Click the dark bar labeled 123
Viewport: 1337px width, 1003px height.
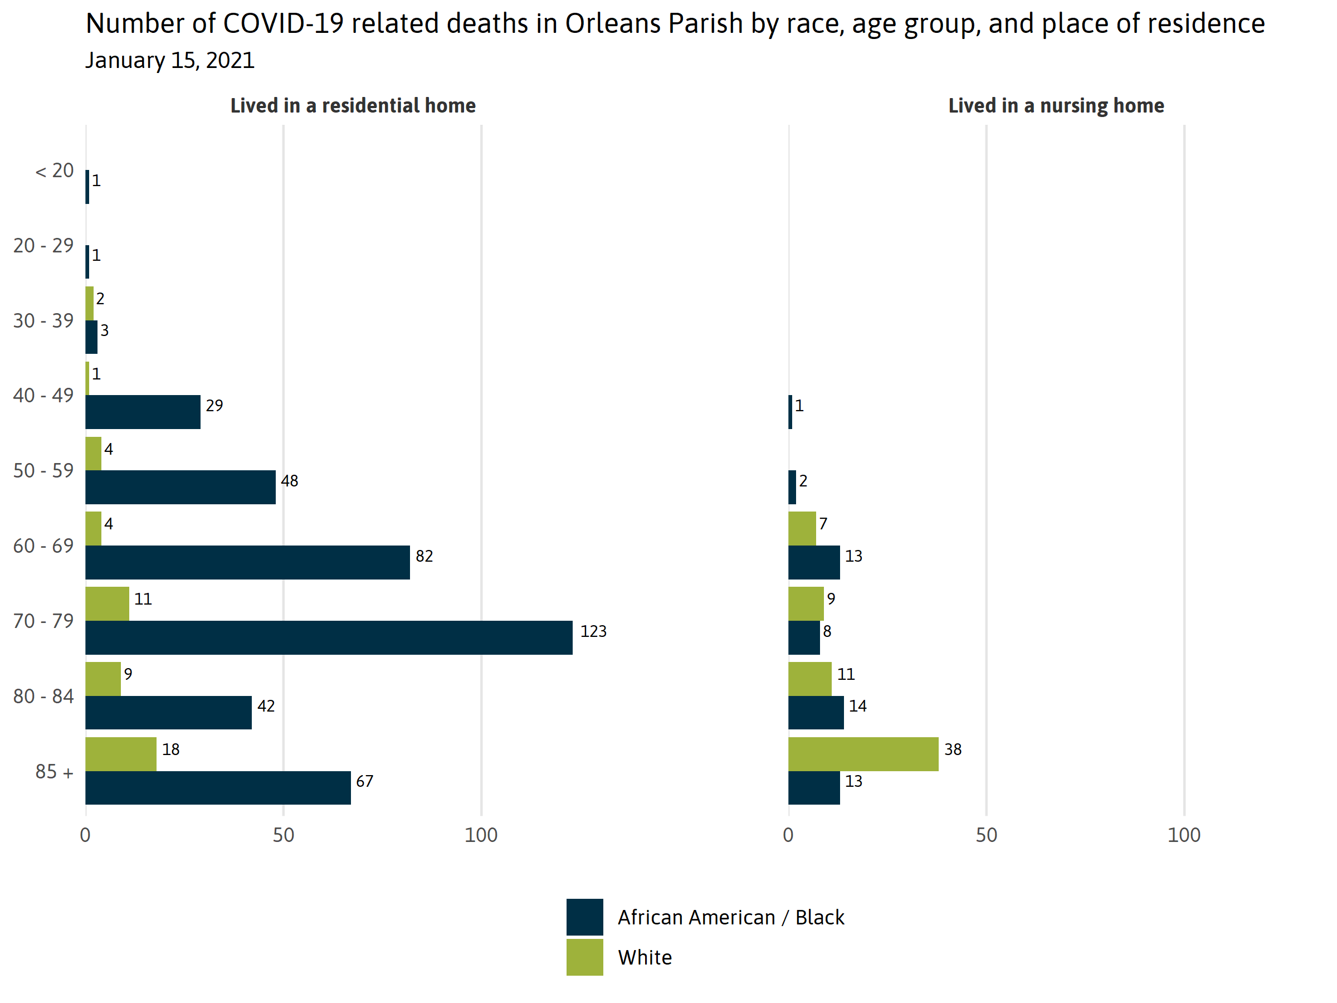(x=329, y=637)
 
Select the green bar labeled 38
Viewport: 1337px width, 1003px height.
(x=863, y=753)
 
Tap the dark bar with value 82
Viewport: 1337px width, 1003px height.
(x=247, y=562)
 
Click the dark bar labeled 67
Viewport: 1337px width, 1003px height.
(x=218, y=787)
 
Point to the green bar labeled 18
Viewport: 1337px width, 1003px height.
(x=121, y=753)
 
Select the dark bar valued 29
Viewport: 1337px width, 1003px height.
(x=143, y=412)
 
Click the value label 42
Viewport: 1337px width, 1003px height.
(x=266, y=706)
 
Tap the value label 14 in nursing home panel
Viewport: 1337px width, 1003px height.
(x=858, y=706)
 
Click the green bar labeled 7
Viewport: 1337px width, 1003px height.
(x=802, y=528)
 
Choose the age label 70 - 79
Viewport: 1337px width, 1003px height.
(x=43, y=621)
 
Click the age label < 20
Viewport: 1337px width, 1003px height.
(x=55, y=171)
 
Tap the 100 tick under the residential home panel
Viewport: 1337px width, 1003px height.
(x=481, y=835)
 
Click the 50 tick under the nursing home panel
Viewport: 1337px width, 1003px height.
(x=986, y=835)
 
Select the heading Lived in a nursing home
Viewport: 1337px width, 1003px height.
(x=1056, y=106)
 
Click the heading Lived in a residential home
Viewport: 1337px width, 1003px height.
(x=353, y=106)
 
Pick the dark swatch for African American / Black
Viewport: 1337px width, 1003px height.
(x=584, y=917)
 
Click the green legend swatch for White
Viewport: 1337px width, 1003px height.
(x=584, y=957)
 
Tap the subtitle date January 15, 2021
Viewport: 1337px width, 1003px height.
(x=170, y=60)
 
